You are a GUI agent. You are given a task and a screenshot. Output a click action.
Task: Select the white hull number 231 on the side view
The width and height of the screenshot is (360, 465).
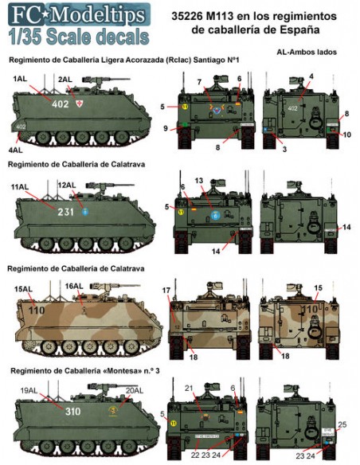tap(65, 213)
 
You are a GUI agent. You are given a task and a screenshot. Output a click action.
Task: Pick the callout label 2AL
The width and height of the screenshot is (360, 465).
tap(68, 80)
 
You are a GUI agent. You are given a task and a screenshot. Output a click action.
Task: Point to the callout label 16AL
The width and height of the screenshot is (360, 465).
tap(74, 286)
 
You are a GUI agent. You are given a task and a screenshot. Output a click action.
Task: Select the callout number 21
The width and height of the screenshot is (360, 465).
tap(189, 388)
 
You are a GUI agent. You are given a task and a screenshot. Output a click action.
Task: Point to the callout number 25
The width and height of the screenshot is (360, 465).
tap(343, 425)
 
